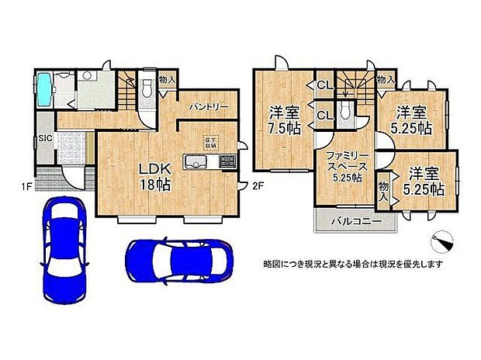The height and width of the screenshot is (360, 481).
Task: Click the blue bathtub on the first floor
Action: coord(45,89)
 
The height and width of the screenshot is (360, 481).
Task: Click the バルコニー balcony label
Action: coord(355,220)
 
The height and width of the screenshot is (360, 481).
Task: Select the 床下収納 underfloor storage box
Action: coord(209,142)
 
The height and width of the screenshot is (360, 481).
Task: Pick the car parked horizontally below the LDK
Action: coord(178,256)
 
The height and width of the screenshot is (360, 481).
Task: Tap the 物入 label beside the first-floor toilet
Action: coord(166,79)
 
